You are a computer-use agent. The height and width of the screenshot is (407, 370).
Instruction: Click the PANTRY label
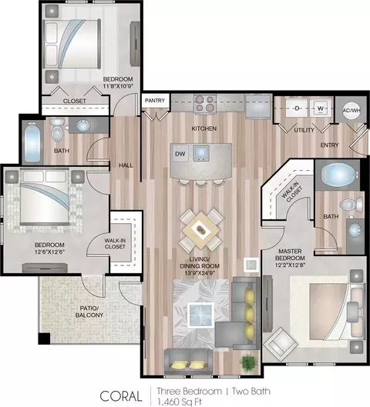pos(155,101)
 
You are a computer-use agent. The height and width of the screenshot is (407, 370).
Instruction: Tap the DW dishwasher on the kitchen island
pos(180,154)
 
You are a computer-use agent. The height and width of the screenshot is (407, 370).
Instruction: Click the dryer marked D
pos(297,108)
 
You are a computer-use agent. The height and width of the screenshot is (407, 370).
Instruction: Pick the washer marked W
pos(321,108)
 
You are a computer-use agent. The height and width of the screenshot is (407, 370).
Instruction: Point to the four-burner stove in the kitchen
pos(205,104)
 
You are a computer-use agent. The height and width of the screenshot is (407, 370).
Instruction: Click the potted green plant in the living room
pos(249,361)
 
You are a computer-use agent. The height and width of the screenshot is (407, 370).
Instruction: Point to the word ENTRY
pos(329,145)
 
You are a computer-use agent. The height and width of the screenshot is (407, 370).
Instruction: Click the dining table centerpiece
pos(200,230)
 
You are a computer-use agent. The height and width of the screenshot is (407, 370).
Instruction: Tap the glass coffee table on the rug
pos(200,315)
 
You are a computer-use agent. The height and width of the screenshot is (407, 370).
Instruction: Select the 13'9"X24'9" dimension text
pos(200,273)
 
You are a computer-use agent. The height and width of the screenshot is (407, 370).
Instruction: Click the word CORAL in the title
pos(121,396)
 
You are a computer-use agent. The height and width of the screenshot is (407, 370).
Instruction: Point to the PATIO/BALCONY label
pos(89,312)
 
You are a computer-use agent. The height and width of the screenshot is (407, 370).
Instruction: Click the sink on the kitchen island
pos(201,153)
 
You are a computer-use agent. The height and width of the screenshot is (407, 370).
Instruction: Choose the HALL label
pos(126,165)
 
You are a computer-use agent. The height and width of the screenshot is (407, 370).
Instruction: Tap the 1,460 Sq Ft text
pos(180,402)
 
